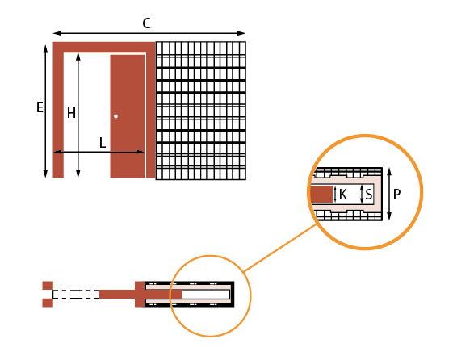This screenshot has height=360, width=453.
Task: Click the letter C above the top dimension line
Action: coord(147,23)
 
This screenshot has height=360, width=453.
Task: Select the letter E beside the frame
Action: coord(40,107)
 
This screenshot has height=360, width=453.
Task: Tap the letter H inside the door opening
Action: coord(71,113)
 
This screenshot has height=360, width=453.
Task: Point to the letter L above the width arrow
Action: coord(103,143)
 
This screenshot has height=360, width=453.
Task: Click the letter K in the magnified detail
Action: coord(343,195)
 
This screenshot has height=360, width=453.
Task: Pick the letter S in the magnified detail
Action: coord(369,195)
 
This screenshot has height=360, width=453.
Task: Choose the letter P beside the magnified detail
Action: coord(397,195)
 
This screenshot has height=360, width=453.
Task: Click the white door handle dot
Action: coord(115,116)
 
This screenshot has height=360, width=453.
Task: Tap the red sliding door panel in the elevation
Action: coord(128,116)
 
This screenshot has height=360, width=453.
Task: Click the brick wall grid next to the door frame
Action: coord(201,111)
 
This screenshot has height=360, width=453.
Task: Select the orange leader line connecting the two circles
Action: coord(279,248)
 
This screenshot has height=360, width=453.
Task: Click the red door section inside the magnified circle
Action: coord(321,195)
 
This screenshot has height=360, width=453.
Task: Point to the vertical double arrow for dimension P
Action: coord(389,194)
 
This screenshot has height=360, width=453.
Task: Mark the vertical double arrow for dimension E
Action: coord(45,111)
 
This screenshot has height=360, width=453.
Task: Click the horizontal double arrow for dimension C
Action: coord(149,33)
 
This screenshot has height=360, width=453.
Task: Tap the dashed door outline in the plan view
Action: coord(76,294)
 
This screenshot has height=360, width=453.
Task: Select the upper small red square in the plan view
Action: coord(48,286)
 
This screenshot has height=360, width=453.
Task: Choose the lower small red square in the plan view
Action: coord(48,303)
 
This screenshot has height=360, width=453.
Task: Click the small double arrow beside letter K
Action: coord(335,195)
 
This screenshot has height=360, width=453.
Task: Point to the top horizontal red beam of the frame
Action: coord(104,48)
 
